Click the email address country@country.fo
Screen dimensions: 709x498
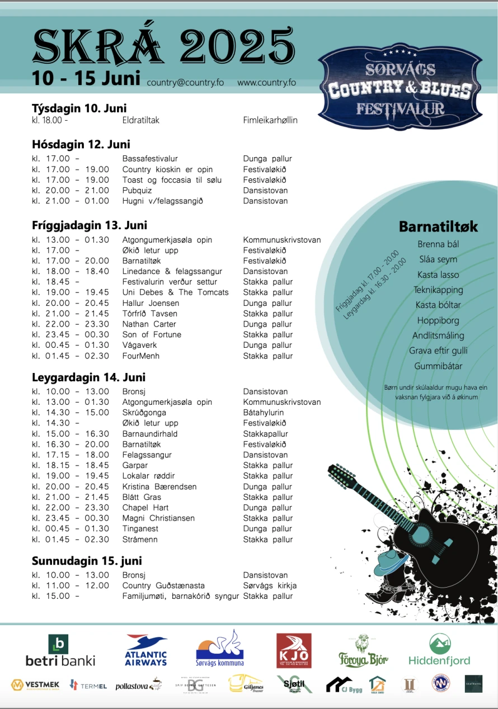pyautogui.click(x=185, y=82)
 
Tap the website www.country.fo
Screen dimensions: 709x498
pyautogui.click(x=266, y=82)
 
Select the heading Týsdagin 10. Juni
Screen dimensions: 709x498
pyautogui.click(x=79, y=108)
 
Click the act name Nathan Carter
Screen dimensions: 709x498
pyautogui.click(x=149, y=324)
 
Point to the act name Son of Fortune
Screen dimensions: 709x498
pyautogui.click(x=152, y=334)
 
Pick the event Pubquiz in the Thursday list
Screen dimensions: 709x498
pyautogui.click(x=137, y=190)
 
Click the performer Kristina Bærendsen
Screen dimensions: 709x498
pyautogui.click(x=159, y=486)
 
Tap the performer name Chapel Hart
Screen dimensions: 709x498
pyautogui.click(x=145, y=508)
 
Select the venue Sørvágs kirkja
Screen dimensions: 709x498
pyautogui.click(x=270, y=585)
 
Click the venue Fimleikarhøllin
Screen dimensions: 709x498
pyautogui.click(x=270, y=120)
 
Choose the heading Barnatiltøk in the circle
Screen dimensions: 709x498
pyautogui.click(x=438, y=226)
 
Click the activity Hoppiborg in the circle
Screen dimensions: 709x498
pyautogui.click(x=438, y=320)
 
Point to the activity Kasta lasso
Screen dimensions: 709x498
pyautogui.click(x=438, y=275)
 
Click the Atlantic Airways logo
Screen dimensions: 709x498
pyautogui.click(x=146, y=650)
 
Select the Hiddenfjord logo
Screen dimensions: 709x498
pyautogui.click(x=439, y=650)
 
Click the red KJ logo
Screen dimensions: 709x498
pyautogui.click(x=294, y=650)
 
